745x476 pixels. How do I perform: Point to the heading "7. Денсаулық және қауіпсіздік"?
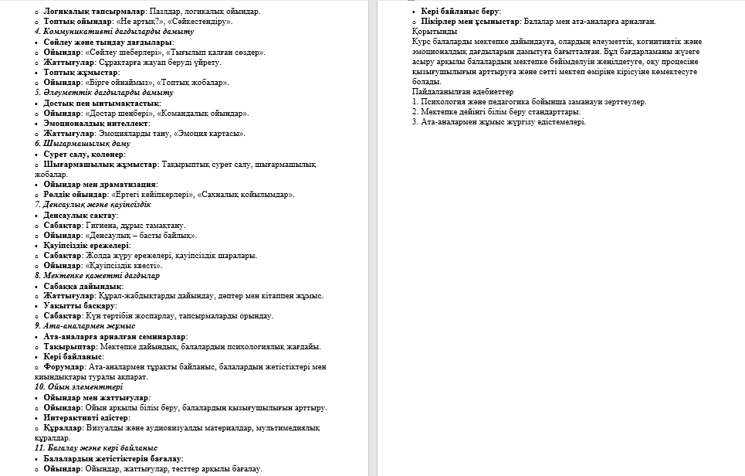tap(93, 205)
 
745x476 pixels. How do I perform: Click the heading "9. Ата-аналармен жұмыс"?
tap(85, 326)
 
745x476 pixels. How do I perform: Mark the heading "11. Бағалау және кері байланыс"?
tap(96, 447)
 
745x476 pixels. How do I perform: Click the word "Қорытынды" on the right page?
tap(435, 32)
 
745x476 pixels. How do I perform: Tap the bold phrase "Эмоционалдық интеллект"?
tap(96, 123)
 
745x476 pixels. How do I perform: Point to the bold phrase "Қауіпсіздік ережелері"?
tap(86, 245)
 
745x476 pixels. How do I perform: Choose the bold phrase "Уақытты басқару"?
tap(80, 306)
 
